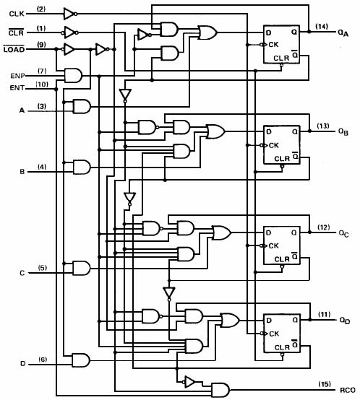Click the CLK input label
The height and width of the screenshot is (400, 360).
click(17, 14)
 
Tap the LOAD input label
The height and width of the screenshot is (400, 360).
click(14, 49)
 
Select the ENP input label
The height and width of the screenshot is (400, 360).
click(17, 76)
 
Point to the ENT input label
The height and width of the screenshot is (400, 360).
click(17, 88)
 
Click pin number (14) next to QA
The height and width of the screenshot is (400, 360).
click(322, 26)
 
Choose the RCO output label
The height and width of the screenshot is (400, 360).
click(348, 391)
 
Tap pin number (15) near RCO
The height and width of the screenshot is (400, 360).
click(325, 384)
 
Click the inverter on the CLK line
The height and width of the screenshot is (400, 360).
click(70, 14)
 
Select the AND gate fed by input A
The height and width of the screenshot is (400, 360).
click(82, 106)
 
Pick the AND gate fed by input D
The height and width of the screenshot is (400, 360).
click(81, 360)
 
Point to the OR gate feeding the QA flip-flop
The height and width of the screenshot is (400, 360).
click(207, 32)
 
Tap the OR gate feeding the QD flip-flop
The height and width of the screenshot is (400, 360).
click(230, 321)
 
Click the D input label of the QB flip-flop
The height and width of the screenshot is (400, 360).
click(269, 132)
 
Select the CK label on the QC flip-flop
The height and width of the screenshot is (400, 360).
click(274, 246)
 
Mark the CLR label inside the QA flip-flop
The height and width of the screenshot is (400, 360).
click(281, 58)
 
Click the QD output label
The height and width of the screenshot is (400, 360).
click(344, 321)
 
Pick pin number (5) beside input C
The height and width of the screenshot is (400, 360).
click(43, 268)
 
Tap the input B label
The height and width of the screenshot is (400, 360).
click(22, 171)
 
